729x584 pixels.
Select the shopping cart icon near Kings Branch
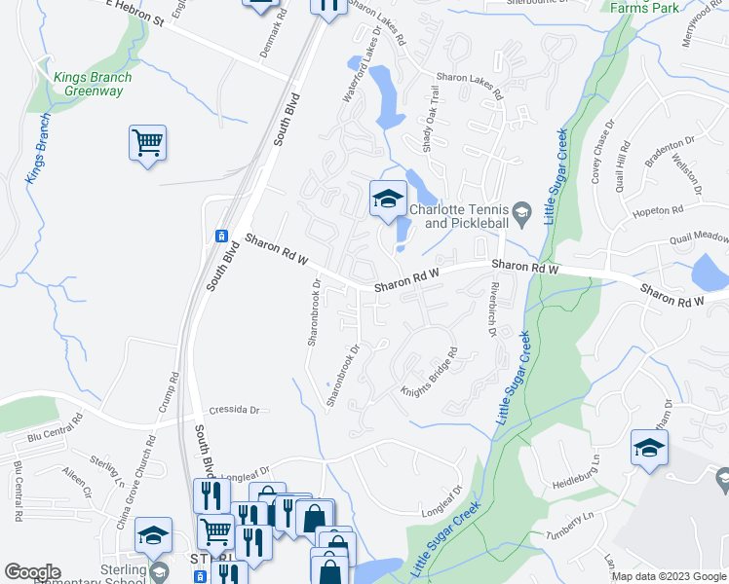147,144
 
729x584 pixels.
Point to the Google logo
32,572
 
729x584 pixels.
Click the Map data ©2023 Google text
669,576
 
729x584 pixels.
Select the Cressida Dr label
238,411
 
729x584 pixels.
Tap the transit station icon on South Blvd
222,237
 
